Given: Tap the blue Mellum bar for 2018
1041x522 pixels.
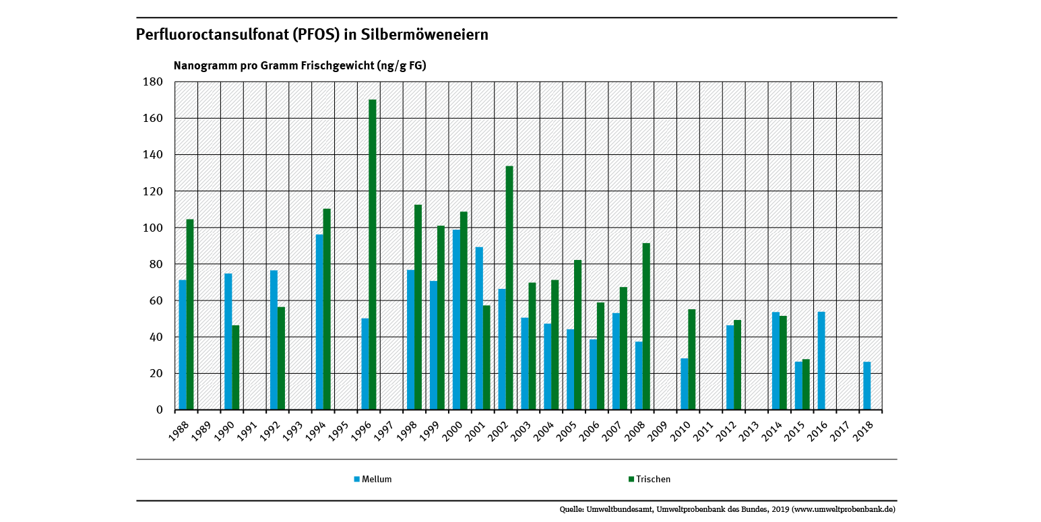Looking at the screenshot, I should pyautogui.click(x=867, y=385).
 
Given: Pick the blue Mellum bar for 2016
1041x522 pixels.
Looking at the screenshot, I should pyautogui.click(x=821, y=360).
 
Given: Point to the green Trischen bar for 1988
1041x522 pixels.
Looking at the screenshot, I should pyautogui.click(x=190, y=314).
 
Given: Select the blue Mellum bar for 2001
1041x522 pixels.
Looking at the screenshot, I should pyautogui.click(x=479, y=328).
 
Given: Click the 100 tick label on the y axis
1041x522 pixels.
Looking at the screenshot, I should pyautogui.click(x=153, y=228).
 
